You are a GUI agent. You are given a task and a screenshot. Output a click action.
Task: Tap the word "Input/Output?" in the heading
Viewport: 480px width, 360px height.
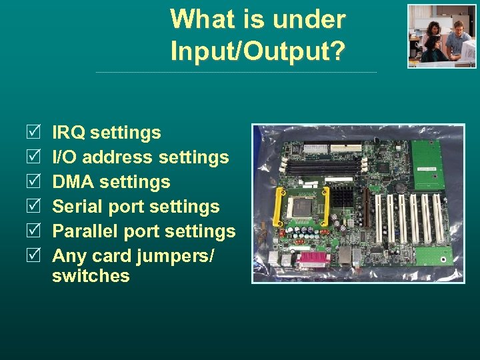tap(258, 51)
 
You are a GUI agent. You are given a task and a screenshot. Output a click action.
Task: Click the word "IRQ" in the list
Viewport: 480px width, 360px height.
tap(69, 133)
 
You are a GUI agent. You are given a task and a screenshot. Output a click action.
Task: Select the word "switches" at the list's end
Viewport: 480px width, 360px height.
tap(91, 276)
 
